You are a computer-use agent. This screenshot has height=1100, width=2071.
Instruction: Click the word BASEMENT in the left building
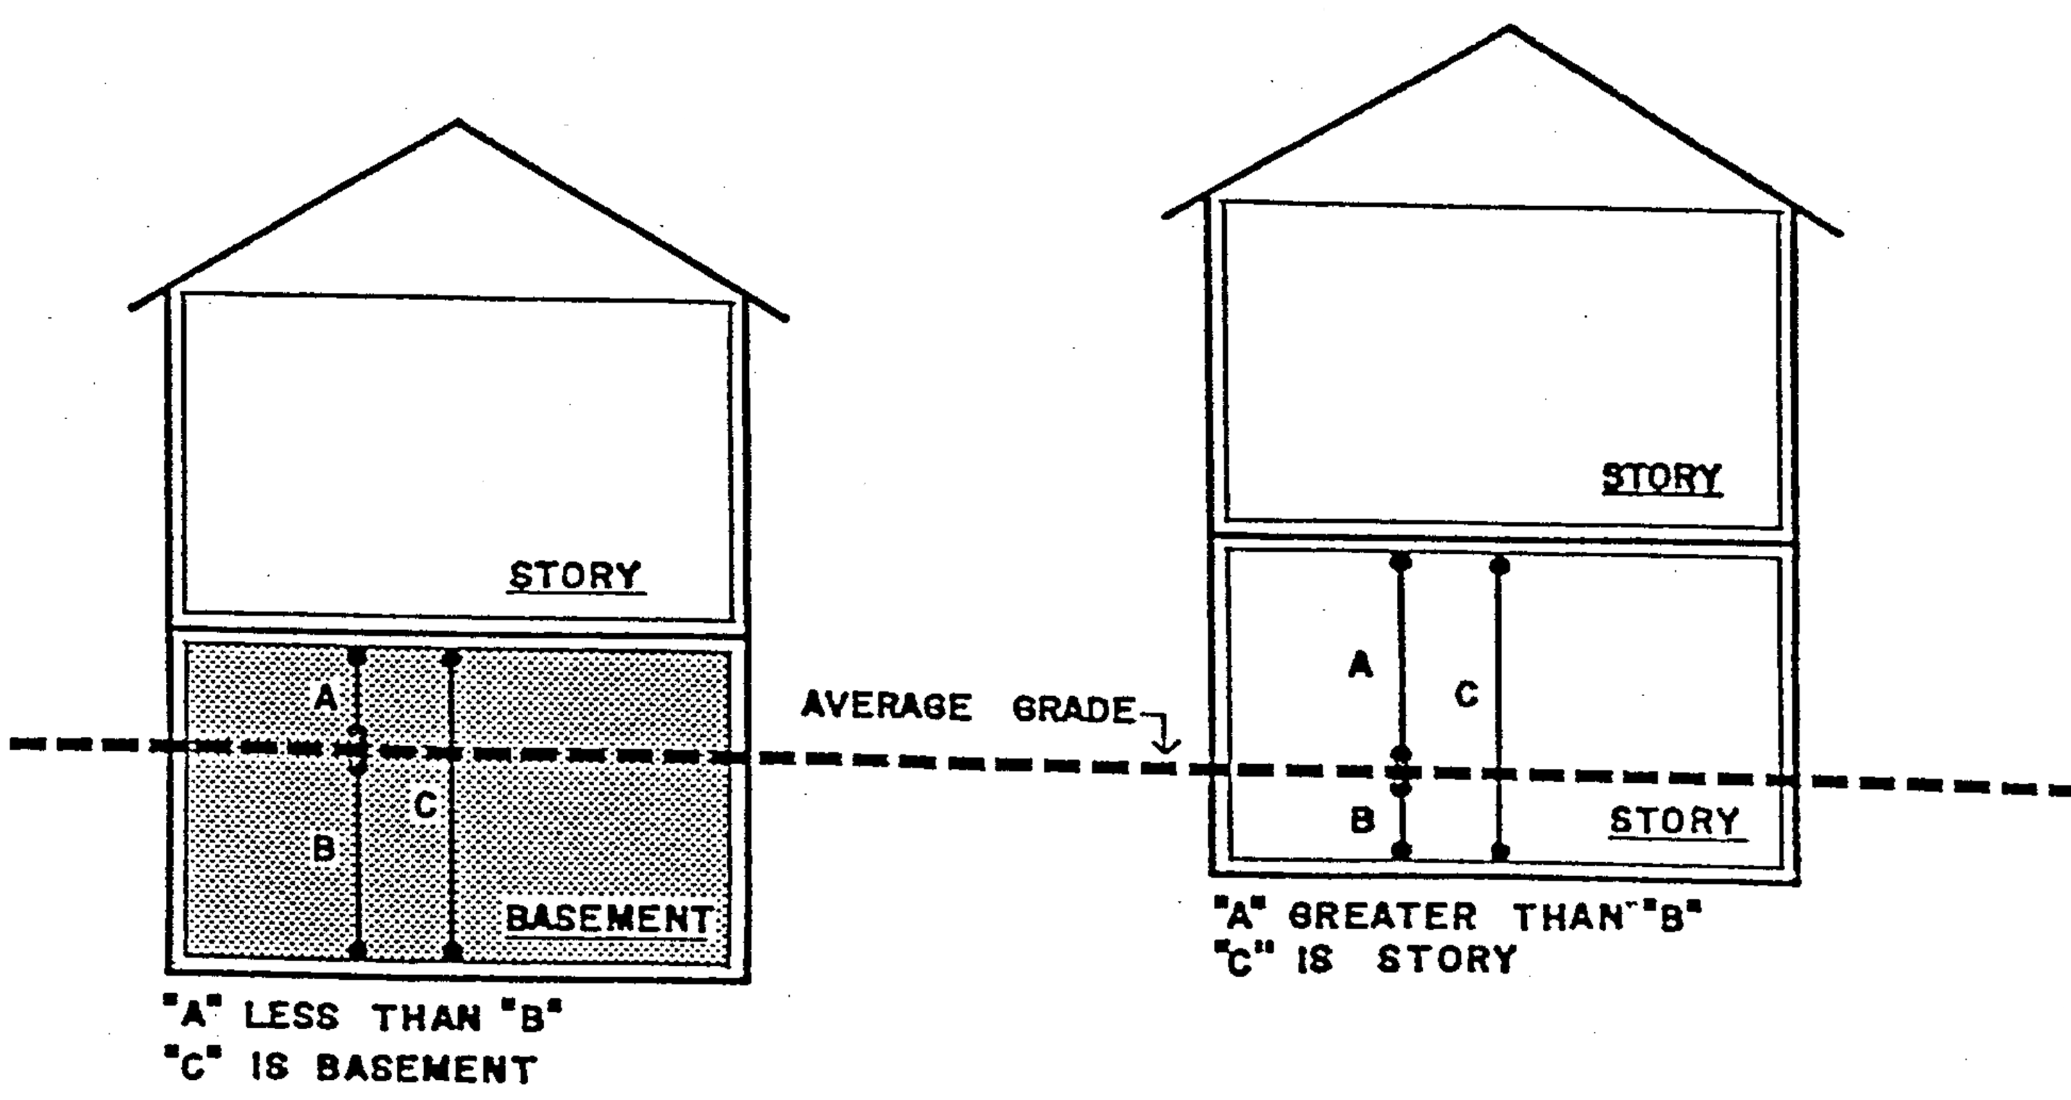pos(609,919)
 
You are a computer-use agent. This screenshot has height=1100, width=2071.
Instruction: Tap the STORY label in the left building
pos(575,576)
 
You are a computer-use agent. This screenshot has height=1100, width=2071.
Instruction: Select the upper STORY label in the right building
pos(1662,478)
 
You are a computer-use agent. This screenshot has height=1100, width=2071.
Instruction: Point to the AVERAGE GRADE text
pos(969,709)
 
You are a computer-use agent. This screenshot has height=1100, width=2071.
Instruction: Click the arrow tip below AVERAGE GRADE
pos(1167,752)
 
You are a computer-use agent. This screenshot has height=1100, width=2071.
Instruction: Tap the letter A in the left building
pos(326,696)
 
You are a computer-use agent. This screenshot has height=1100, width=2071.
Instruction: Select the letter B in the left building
pos(323,848)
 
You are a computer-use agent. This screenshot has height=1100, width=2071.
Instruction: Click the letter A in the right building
pos(1360,665)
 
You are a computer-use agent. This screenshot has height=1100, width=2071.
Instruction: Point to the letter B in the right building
pos(1362,820)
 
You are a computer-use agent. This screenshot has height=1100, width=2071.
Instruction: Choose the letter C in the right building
pos(1466,694)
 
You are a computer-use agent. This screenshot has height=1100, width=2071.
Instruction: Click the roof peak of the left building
pos(458,121)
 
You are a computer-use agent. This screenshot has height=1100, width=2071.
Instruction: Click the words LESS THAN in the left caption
pos(362,1017)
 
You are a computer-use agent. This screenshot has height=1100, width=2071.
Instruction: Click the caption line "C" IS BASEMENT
pos(348,1068)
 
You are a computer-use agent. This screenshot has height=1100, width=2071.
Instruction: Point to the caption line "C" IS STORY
pos(1365,959)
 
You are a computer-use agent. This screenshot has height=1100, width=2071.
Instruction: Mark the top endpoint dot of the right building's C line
pos(1499,566)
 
